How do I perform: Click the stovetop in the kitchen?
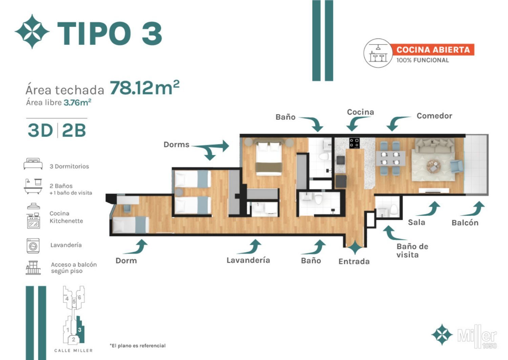(x=354, y=143)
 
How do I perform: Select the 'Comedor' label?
(x=434, y=116)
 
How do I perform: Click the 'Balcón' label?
(x=465, y=223)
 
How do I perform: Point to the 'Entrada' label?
(x=354, y=262)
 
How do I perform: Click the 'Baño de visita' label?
(x=412, y=251)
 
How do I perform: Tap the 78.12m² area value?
(x=145, y=87)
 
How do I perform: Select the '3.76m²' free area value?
(x=77, y=103)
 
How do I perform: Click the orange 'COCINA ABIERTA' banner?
(x=433, y=50)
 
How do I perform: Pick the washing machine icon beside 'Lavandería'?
(x=33, y=246)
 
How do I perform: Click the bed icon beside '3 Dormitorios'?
(x=33, y=164)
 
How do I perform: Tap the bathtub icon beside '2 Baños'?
(x=33, y=186)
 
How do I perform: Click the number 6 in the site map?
(x=79, y=297)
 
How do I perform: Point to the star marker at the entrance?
(x=355, y=248)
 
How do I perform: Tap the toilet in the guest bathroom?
(x=394, y=210)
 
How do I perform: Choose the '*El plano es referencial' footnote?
(x=137, y=345)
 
